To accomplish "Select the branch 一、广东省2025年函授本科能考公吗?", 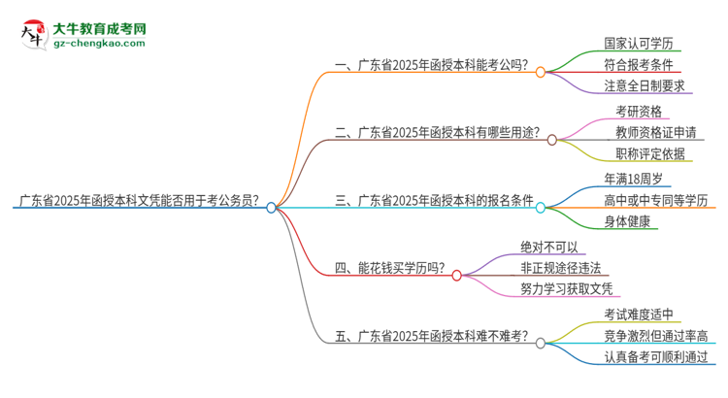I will click(431, 66).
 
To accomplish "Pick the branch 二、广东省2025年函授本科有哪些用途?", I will click(436, 134).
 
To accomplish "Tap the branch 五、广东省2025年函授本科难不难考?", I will click(431, 337).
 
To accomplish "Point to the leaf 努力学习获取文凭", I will click(565, 289).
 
